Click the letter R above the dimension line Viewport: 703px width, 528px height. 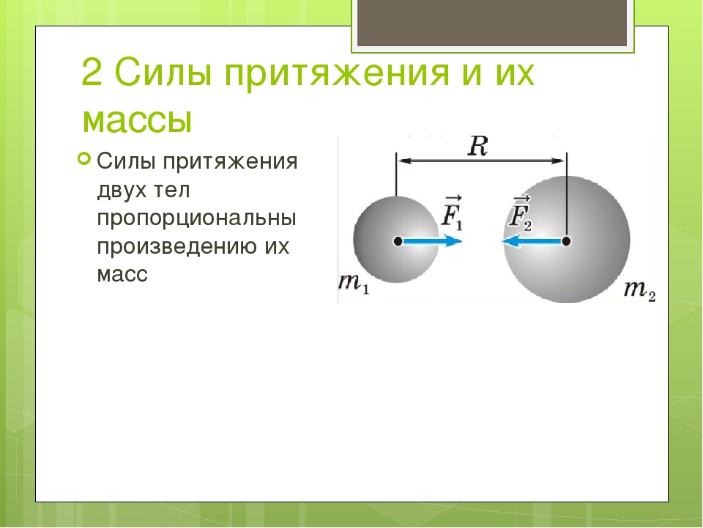(477, 147)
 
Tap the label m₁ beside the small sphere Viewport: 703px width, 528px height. (354, 284)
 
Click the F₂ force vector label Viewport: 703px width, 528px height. (520, 213)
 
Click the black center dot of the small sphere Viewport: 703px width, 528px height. (398, 241)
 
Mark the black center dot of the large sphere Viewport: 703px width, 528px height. (566, 241)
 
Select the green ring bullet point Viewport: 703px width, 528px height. (84, 158)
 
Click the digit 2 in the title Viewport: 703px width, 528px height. (92, 72)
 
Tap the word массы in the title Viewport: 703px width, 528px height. (138, 121)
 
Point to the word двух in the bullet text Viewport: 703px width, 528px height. (122, 191)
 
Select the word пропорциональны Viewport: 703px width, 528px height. (197, 219)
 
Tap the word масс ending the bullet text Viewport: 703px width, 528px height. (122, 274)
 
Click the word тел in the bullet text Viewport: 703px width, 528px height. (171, 191)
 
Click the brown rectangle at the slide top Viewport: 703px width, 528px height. (492, 23)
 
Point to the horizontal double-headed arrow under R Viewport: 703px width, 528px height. (482, 161)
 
